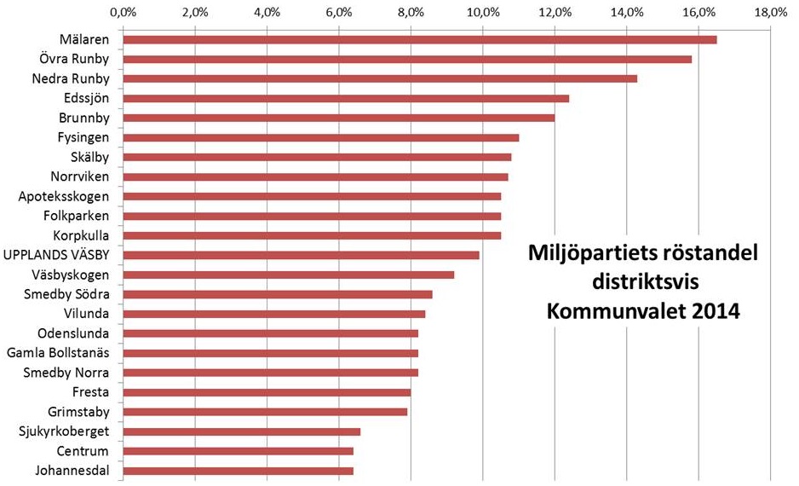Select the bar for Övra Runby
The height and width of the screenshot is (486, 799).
tap(407, 59)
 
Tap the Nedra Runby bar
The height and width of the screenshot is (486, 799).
tap(380, 78)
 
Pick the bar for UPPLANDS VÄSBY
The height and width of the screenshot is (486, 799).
tap(302, 255)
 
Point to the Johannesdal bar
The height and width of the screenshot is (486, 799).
tap(239, 471)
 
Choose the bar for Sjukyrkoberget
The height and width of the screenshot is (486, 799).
tap(242, 431)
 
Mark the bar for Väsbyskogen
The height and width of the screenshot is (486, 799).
tap(289, 275)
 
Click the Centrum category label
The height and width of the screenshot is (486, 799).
tap(83, 451)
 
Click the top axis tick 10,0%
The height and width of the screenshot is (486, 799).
tap(483, 12)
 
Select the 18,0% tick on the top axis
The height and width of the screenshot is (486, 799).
tap(771, 12)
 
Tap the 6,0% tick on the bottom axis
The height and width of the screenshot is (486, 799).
tap(339, 479)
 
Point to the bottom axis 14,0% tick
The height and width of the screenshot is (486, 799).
tap(627, 479)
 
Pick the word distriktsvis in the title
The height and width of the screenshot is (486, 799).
tap(643, 282)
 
